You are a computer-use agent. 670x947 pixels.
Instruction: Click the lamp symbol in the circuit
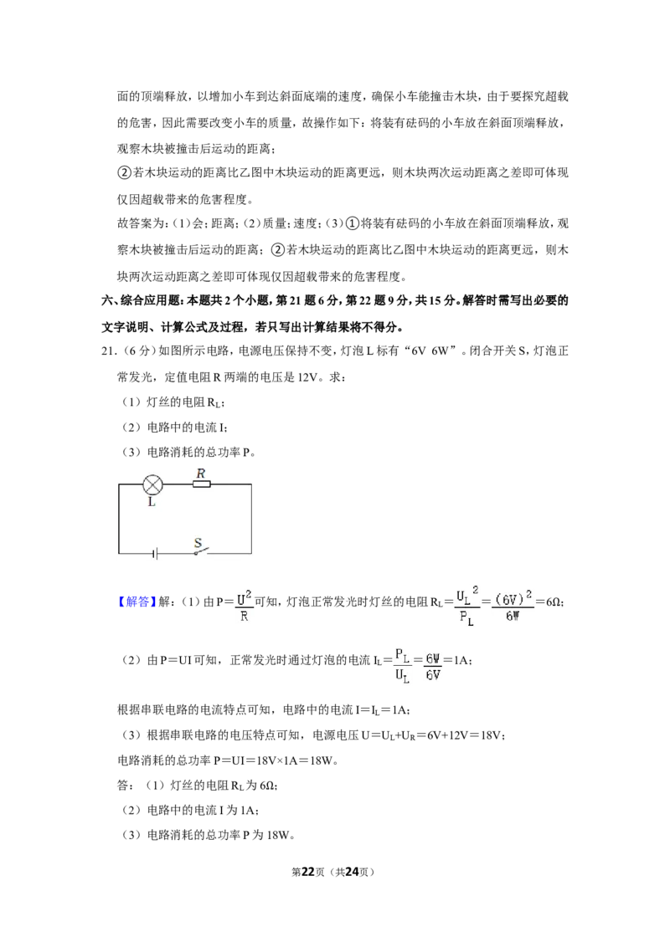click(x=152, y=484)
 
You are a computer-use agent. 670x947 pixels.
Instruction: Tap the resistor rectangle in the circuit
click(x=201, y=484)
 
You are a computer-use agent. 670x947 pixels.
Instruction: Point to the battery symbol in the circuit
click(x=156, y=553)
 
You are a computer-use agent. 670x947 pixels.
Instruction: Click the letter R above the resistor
click(x=201, y=473)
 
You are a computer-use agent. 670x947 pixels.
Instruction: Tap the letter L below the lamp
click(x=152, y=502)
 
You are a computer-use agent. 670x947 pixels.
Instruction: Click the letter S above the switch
click(x=197, y=542)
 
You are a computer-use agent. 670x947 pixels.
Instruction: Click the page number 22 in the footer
click(x=308, y=872)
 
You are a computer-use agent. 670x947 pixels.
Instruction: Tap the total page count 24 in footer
click(x=353, y=872)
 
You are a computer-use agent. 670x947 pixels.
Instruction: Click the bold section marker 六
click(x=106, y=301)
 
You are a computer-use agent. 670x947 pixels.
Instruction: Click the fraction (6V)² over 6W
click(x=513, y=605)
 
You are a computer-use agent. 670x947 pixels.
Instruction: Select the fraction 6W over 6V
click(x=432, y=666)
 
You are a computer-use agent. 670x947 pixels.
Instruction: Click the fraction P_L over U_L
click(x=403, y=665)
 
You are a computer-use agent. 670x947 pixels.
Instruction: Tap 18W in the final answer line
click(x=278, y=835)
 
